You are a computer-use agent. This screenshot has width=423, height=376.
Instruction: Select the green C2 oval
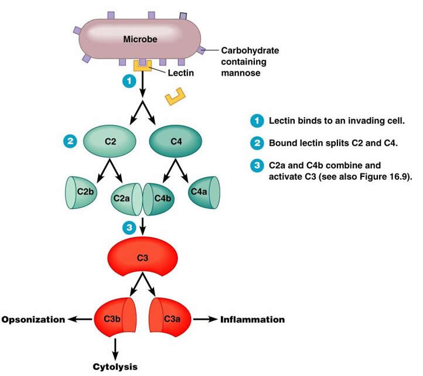coord(110,142)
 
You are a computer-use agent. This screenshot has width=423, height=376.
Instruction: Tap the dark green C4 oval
coord(176,142)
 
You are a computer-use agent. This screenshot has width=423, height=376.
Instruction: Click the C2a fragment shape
coord(125,199)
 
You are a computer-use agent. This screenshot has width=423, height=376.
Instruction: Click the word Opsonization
coord(33,320)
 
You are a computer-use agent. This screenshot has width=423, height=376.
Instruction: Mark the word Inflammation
coord(253,320)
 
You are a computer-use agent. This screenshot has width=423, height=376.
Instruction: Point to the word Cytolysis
coord(115,367)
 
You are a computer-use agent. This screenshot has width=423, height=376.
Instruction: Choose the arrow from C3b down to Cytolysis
coord(115,348)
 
